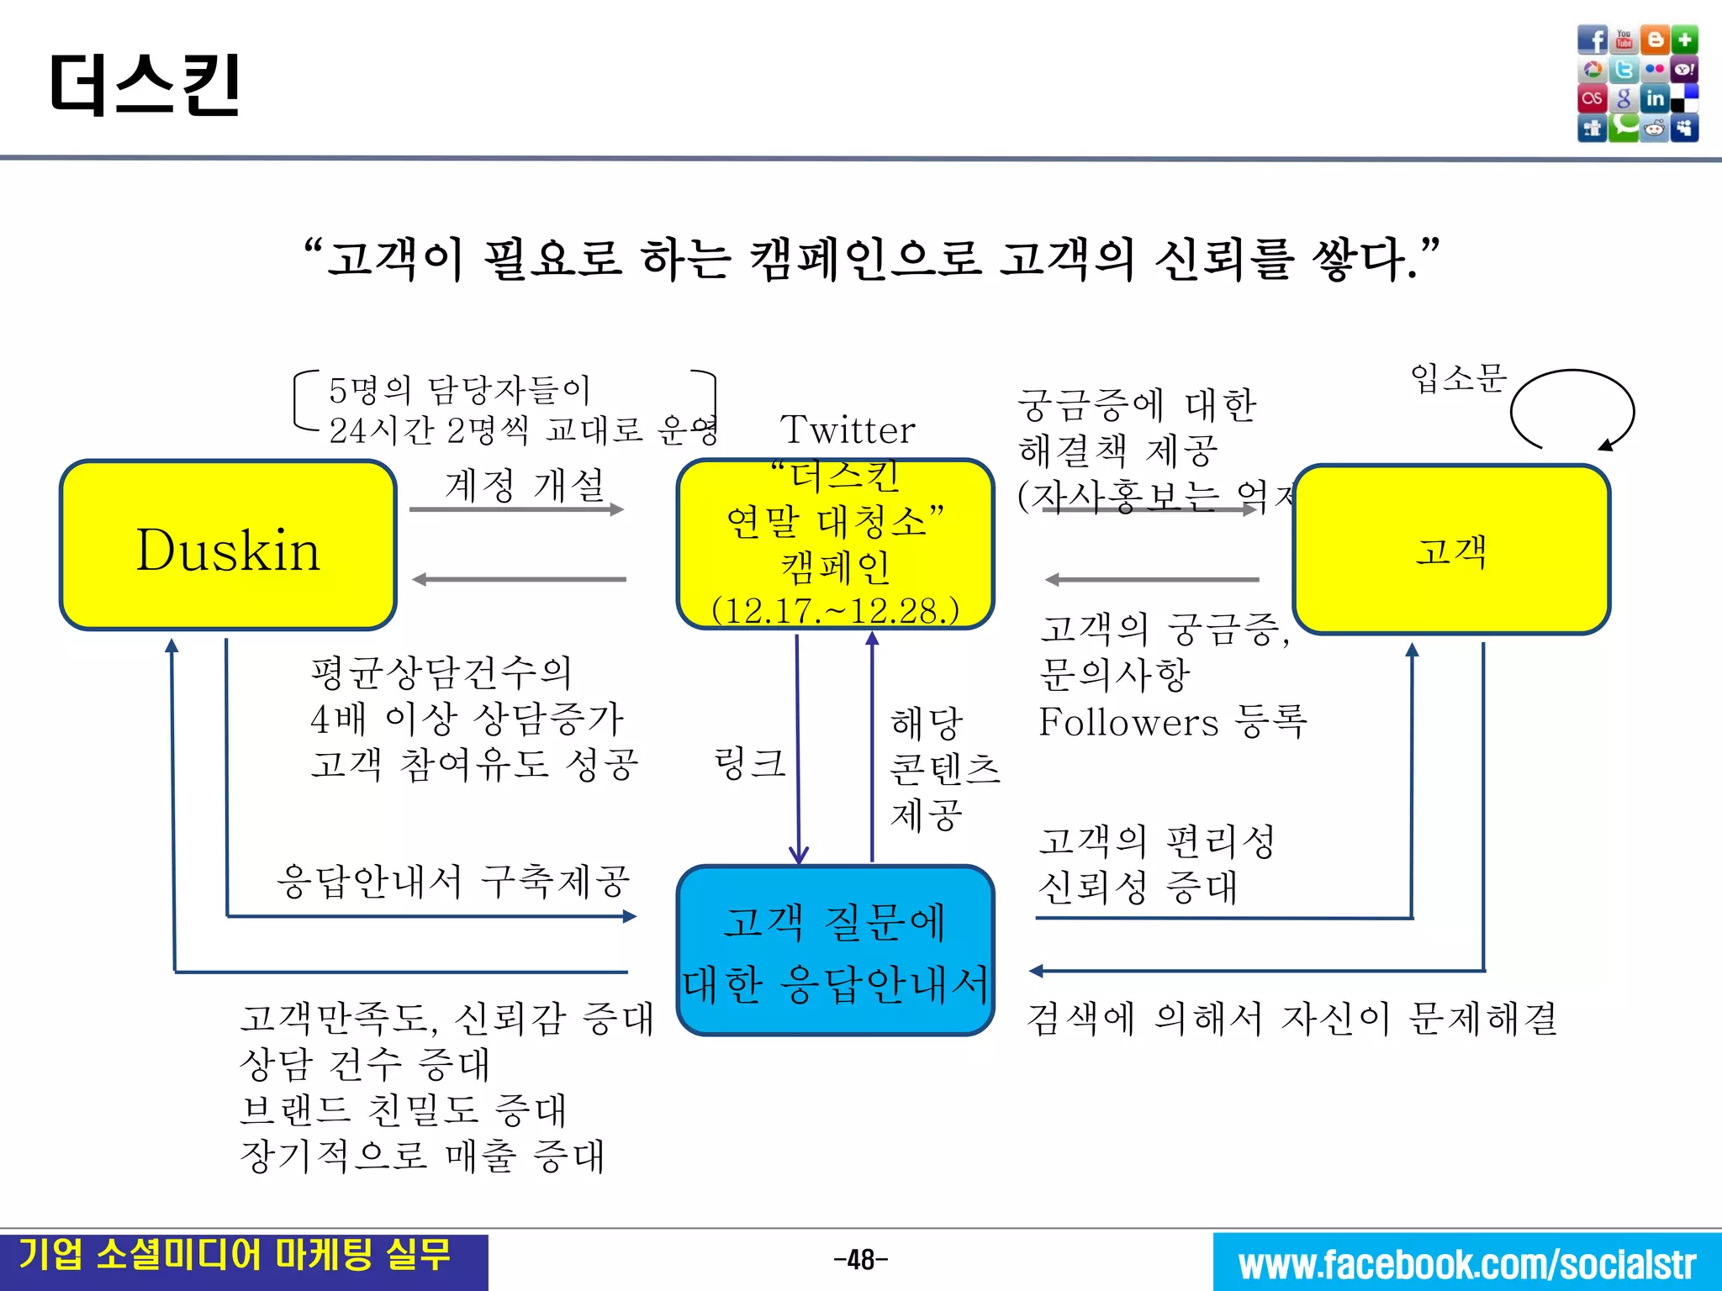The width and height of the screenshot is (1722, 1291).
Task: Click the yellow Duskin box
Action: (228, 545)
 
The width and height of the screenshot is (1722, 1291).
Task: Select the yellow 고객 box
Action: (1451, 551)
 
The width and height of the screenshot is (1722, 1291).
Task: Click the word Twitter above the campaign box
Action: (848, 430)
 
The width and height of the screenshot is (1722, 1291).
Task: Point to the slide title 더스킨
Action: (145, 84)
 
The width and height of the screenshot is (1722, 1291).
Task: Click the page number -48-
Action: (860, 1260)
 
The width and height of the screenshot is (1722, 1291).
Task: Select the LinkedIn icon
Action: (1655, 98)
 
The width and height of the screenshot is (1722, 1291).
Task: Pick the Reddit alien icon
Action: (1655, 129)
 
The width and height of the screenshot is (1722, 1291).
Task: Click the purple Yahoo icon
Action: (1685, 70)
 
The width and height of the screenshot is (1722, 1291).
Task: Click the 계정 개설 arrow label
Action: (525, 485)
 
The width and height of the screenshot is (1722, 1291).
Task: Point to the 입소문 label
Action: (1458, 377)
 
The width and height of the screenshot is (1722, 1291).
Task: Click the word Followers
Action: (1128, 722)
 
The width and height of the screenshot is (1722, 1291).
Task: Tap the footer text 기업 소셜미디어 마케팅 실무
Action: (235, 1256)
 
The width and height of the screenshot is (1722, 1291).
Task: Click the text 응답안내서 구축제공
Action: (453, 882)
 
